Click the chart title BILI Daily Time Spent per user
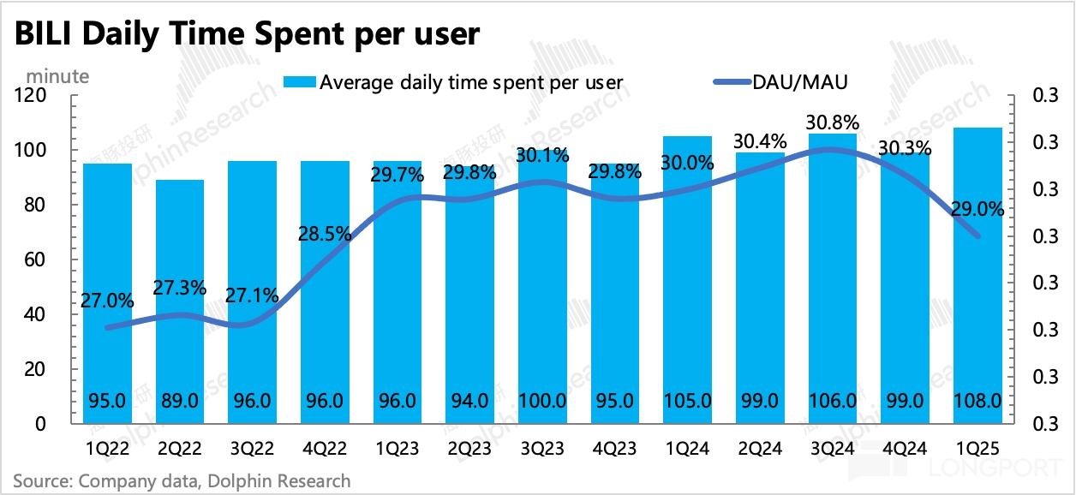click(x=245, y=33)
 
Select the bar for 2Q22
click(x=180, y=300)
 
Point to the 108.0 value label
click(x=977, y=400)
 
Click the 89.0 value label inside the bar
click(x=180, y=400)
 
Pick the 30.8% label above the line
click(x=832, y=122)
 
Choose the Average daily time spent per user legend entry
click(x=455, y=82)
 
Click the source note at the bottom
click(x=182, y=481)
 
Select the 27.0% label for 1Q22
click(x=107, y=301)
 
